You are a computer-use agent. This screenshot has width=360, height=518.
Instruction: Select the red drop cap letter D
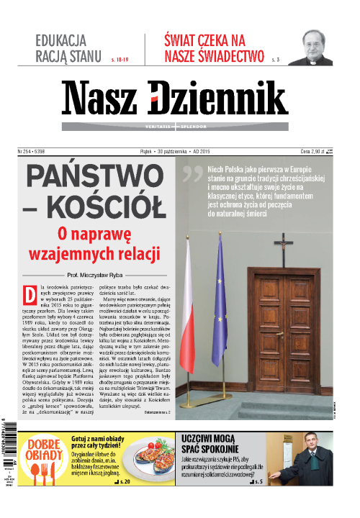click(30, 295)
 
